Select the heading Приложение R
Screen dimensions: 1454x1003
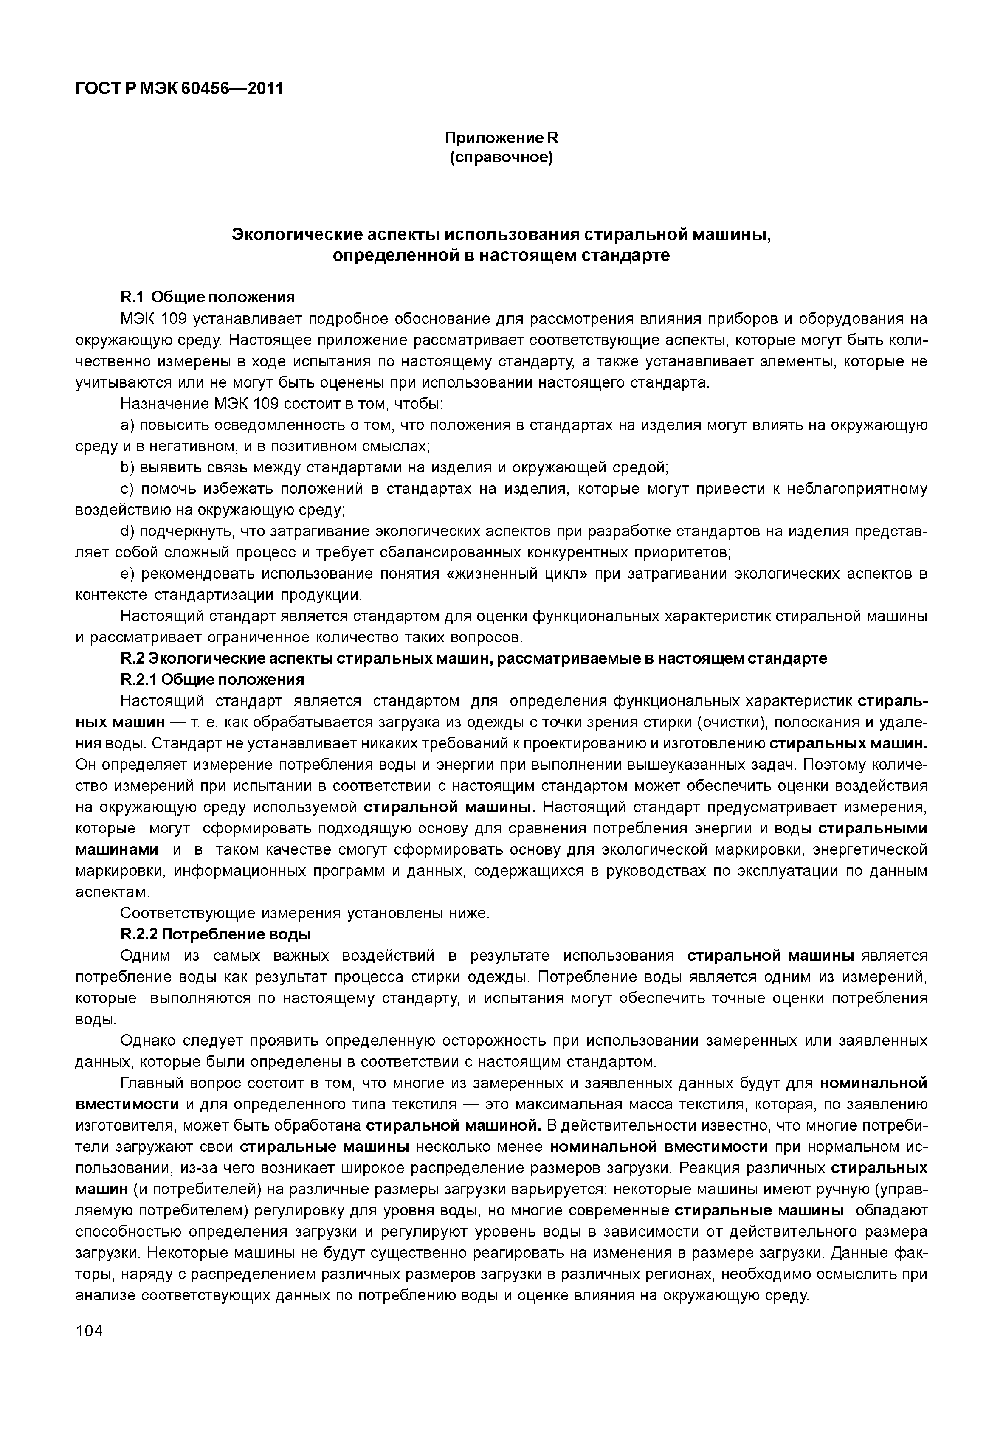pyautogui.click(x=501, y=138)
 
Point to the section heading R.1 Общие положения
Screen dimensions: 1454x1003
pyautogui.click(x=207, y=297)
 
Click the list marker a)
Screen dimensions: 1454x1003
pyautogui.click(x=127, y=425)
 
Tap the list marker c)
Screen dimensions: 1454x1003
pyautogui.click(x=127, y=489)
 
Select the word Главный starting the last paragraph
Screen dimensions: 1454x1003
pyautogui.click(x=150, y=1083)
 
